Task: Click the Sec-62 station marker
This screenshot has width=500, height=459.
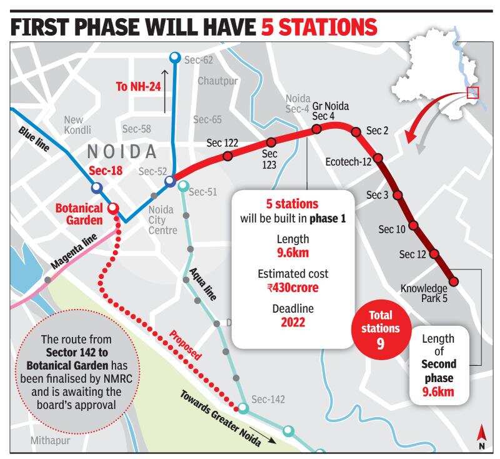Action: (175, 58)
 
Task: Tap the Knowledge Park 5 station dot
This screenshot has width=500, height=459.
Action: (454, 281)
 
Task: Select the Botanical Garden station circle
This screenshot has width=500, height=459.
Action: (113, 208)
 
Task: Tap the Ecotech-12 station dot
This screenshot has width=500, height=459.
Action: (377, 158)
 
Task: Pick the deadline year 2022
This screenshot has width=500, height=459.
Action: (292, 323)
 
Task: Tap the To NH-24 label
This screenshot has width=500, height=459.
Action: (138, 86)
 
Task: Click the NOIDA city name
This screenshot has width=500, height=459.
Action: (121, 151)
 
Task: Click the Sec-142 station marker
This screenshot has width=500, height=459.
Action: (243, 409)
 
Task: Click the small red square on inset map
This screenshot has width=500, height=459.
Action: (472, 93)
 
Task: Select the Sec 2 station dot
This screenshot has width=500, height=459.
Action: (356, 132)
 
